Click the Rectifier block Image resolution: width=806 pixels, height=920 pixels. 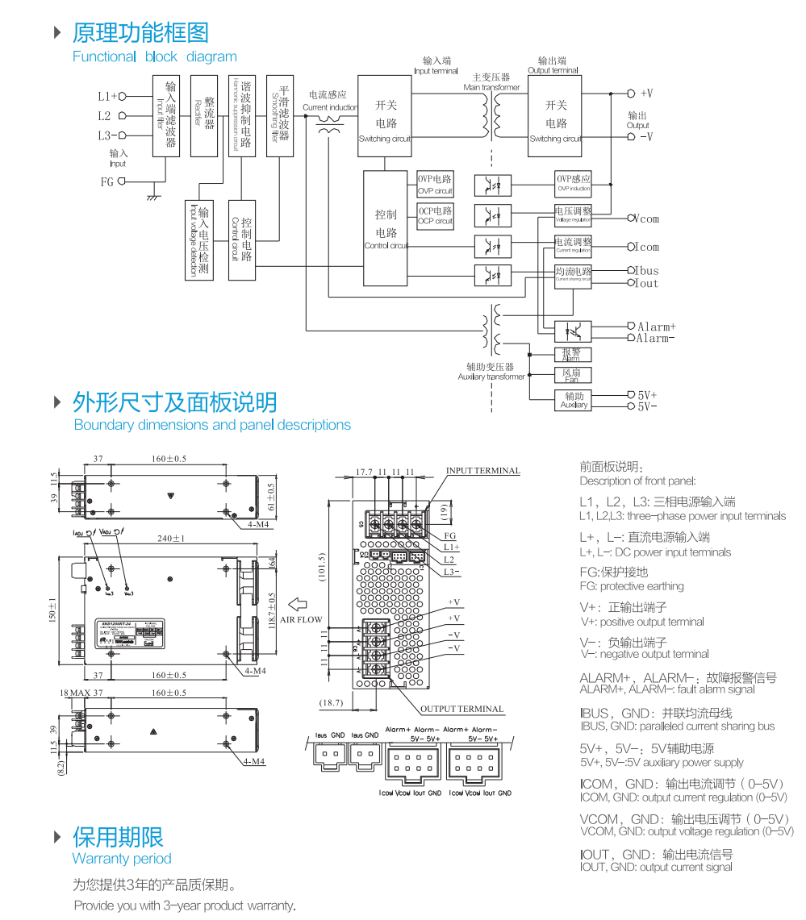(204, 116)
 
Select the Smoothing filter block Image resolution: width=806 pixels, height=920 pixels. (279, 116)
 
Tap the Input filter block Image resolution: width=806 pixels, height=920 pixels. (166, 116)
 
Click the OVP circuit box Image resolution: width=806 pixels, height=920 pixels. (435, 185)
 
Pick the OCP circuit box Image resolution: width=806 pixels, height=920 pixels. (435, 215)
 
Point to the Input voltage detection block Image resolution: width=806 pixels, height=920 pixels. (198, 240)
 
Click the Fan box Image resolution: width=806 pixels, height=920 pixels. (572, 375)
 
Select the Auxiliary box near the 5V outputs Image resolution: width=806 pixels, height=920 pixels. (574, 400)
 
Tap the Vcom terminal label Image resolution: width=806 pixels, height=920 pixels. (646, 219)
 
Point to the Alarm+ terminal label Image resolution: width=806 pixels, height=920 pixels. (656, 327)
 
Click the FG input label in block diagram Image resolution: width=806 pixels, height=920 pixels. (107, 182)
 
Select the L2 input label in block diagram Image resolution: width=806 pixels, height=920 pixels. (105, 116)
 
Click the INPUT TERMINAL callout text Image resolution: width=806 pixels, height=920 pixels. (482, 471)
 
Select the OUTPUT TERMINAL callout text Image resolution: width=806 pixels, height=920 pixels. (461, 710)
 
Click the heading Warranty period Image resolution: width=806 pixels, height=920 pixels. (122, 859)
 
